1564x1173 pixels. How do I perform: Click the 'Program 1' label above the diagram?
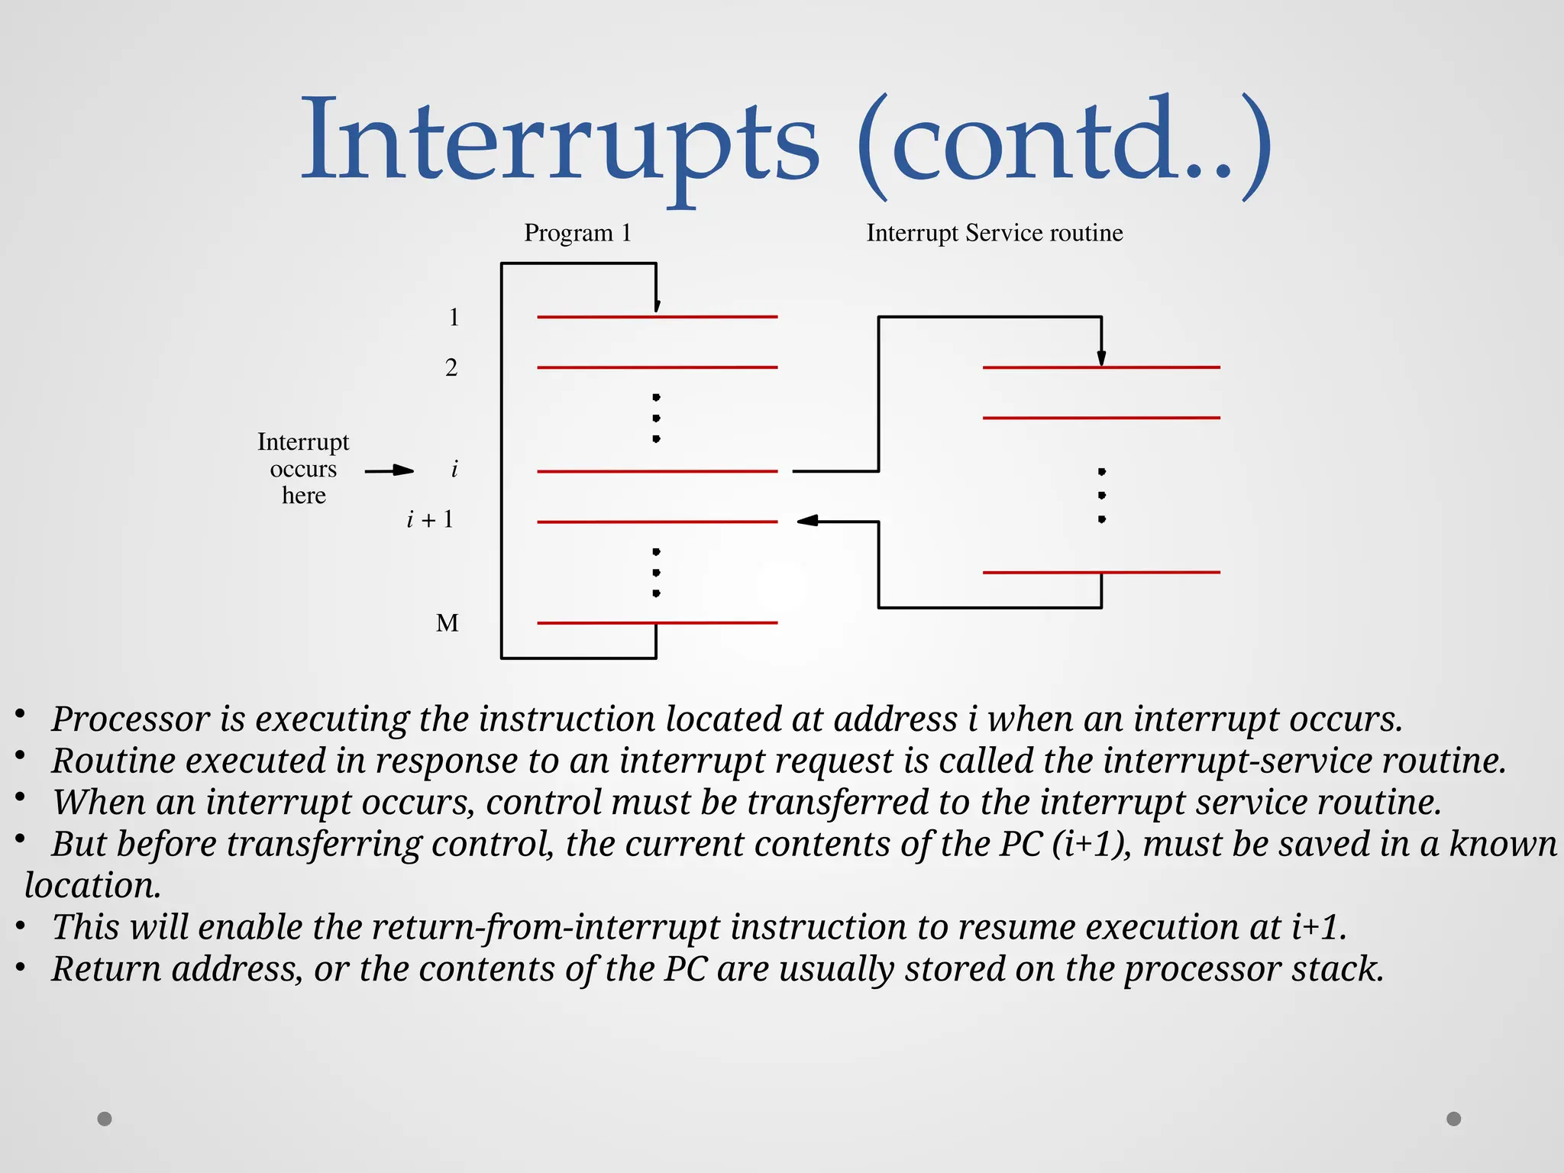pyautogui.click(x=577, y=233)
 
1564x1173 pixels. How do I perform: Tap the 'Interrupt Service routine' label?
pyautogui.click(x=994, y=233)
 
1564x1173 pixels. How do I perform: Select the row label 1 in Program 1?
pyautogui.click(x=454, y=317)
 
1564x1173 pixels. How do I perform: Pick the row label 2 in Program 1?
pyautogui.click(x=451, y=368)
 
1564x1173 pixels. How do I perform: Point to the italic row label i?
pyautogui.click(x=454, y=469)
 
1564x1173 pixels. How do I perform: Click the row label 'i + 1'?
pyautogui.click(x=430, y=520)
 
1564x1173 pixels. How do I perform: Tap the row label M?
pyautogui.click(x=448, y=623)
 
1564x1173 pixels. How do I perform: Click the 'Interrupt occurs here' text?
pyautogui.click(x=303, y=469)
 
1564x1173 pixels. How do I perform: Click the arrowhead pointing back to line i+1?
pyautogui.click(x=807, y=521)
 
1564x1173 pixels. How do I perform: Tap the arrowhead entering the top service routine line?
pyautogui.click(x=1101, y=357)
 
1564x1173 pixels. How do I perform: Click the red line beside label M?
pyautogui.click(x=657, y=623)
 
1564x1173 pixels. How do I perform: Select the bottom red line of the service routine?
pyautogui.click(x=1100, y=572)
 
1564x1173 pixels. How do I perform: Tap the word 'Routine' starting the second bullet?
pyautogui.click(x=113, y=761)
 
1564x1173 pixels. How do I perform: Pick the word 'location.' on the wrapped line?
pyautogui.click(x=92, y=886)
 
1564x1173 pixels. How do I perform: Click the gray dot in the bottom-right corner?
pyautogui.click(x=1454, y=1119)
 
